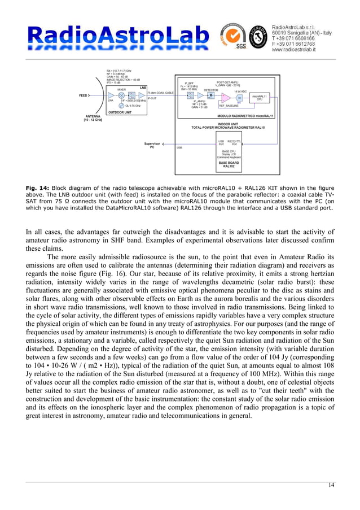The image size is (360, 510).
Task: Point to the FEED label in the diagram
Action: pyautogui.click(x=82, y=96)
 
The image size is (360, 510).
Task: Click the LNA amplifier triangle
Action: pyautogui.click(x=111, y=96)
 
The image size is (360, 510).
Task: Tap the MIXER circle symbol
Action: pyautogui.click(x=121, y=96)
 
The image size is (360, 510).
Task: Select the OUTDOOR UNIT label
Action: pyautogui.click(x=121, y=112)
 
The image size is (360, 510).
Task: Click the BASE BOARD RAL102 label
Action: pyautogui.click(x=229, y=165)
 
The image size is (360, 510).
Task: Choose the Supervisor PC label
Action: pyautogui.click(x=152, y=145)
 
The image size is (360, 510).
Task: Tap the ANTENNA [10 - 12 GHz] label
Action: pyautogui.click(x=93, y=119)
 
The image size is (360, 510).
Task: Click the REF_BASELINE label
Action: pyautogui.click(x=229, y=106)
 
